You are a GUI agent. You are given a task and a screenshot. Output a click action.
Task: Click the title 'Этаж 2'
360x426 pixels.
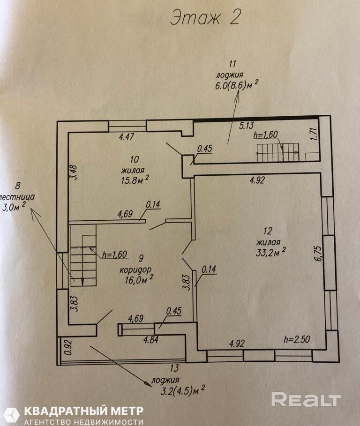pyautogui.click(x=205, y=18)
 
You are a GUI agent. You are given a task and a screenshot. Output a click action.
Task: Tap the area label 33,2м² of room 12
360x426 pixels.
pyautogui.click(x=270, y=252)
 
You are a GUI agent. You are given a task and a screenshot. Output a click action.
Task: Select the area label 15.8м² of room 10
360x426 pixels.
pyautogui.click(x=135, y=179)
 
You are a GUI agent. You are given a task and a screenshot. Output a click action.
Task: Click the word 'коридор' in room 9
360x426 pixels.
pyautogui.click(x=135, y=270)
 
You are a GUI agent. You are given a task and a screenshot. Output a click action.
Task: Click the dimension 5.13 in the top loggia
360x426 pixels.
pyautogui.click(x=247, y=125)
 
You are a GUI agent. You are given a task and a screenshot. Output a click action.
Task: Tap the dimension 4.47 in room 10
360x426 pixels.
pyautogui.click(x=127, y=136)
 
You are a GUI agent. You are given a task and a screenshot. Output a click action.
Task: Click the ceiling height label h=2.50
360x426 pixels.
pyautogui.click(x=296, y=339)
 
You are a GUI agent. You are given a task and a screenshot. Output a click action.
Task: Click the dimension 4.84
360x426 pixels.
pyautogui.click(x=151, y=340)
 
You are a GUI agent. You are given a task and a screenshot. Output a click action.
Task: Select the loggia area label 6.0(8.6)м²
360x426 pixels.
pyautogui.click(x=236, y=85)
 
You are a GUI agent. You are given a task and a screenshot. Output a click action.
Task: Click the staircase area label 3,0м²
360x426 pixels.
pyautogui.click(x=14, y=207)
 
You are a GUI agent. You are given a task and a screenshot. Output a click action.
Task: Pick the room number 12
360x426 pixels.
pyautogui.click(x=268, y=231)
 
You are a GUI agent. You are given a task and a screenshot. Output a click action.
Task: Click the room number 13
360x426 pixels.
pyautogui.click(x=174, y=368)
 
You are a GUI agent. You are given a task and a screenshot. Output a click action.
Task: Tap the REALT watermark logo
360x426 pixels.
pyautogui.click(x=306, y=400)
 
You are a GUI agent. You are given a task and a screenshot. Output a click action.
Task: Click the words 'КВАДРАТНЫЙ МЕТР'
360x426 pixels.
pyautogui.click(x=84, y=411)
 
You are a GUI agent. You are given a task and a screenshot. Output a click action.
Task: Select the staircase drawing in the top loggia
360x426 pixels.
pyautogui.click(x=278, y=153)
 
